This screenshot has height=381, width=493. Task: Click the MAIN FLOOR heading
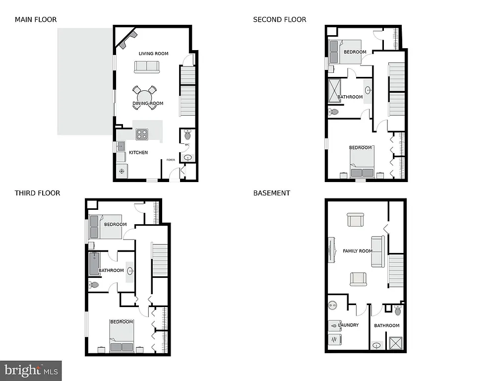pos(36,20)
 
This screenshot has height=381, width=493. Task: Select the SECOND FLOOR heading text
pos(279,20)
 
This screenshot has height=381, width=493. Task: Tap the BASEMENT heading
pos(271,193)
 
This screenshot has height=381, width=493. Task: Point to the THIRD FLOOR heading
pos(37,193)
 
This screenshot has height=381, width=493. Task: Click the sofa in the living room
pos(147,66)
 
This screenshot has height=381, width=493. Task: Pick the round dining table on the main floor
pos(144,96)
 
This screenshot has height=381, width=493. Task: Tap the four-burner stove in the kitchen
pos(142,134)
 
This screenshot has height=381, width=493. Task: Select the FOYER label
pos(171,160)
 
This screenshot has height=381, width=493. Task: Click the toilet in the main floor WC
pos(187,135)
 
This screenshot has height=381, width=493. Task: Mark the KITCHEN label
pos(138,152)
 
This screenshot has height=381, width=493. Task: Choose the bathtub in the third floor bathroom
pos(94,264)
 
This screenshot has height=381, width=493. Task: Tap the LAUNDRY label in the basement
pos(349,325)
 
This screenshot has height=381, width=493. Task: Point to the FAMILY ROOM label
pos(358,251)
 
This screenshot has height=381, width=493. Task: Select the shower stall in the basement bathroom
pos(396,343)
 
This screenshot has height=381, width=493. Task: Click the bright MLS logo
pos(31,370)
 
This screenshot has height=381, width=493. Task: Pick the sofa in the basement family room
pos(377,252)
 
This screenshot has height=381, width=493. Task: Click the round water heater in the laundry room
pos(332,306)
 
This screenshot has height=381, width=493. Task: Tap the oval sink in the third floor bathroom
pos(130,271)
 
